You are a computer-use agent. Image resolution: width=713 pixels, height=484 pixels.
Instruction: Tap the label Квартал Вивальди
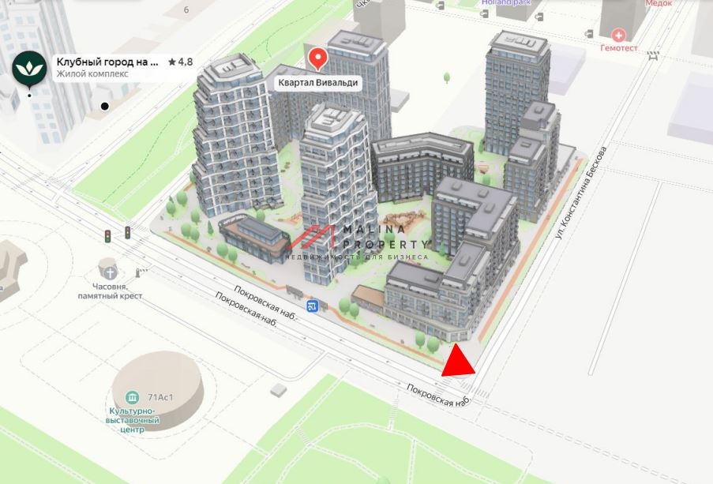317,83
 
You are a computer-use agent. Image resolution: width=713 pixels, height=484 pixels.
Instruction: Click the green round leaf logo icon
30,67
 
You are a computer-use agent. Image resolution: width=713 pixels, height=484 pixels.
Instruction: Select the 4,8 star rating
181,61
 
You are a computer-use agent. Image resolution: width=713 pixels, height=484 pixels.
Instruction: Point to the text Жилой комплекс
92,74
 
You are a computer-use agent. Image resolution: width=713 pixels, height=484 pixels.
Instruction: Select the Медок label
658,4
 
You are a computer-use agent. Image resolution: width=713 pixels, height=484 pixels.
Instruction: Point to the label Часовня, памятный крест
110,291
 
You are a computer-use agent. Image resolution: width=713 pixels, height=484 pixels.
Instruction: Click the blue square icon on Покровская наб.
313,306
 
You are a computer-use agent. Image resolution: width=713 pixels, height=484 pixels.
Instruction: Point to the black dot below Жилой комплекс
104,106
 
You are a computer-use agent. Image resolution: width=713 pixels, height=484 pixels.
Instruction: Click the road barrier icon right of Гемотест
653,55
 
